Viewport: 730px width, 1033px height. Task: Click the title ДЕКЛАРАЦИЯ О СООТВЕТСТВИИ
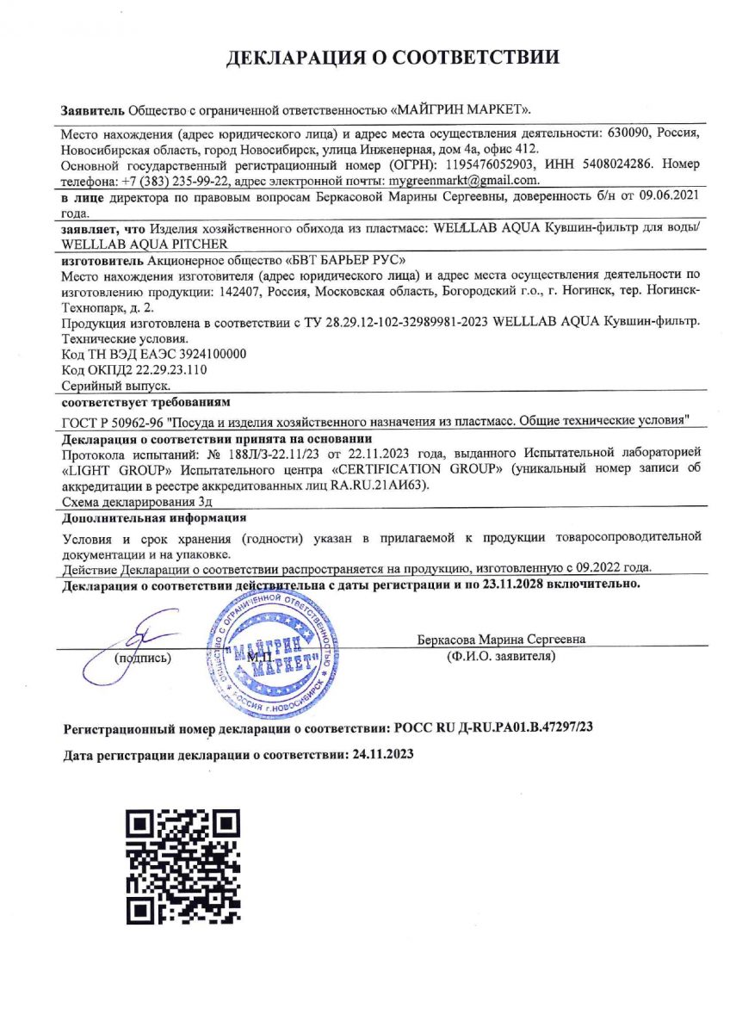(x=393, y=59)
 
